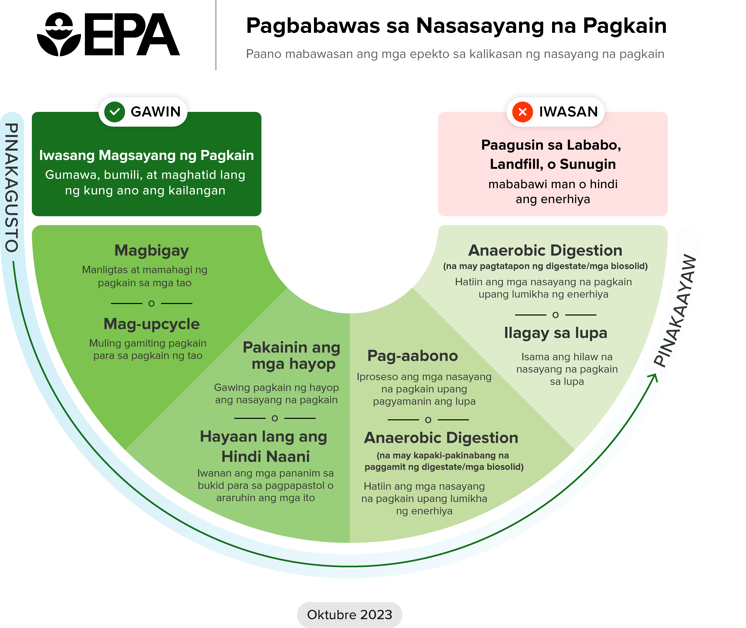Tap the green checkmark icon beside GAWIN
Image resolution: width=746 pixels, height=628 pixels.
point(114,112)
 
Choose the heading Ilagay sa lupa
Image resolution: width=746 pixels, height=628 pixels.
point(555,333)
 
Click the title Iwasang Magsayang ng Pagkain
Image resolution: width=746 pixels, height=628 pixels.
point(146,155)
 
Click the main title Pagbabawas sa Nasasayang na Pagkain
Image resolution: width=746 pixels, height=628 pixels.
point(456,26)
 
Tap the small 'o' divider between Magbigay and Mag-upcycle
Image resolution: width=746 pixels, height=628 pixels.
point(151,303)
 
